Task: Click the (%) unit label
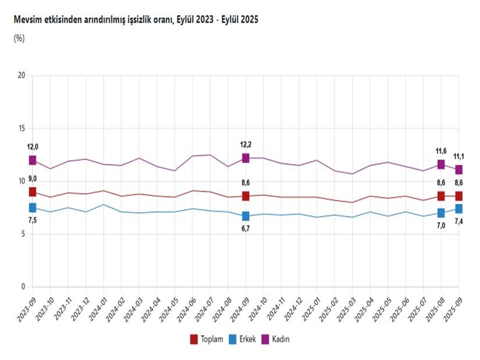tap(19, 38)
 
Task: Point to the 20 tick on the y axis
tap(22, 75)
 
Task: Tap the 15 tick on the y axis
tap(22, 128)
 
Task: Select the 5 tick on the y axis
tap(23, 234)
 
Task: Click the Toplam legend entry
tap(207, 339)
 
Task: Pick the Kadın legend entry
tap(281, 339)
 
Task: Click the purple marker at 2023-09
tap(33, 160)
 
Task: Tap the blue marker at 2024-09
tap(245, 216)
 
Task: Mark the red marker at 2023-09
tap(33, 192)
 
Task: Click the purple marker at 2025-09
tap(459, 170)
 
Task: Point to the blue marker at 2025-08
tap(441, 213)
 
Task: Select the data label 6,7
tap(246, 230)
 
